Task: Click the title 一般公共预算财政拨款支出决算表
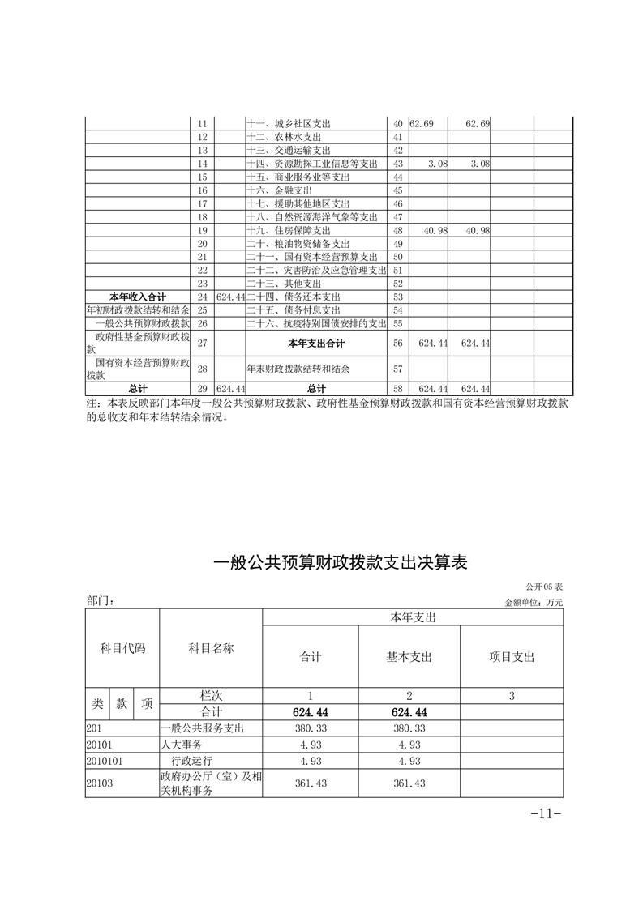[341, 563]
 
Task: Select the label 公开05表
[543, 586]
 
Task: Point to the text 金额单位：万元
[534, 603]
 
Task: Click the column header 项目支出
[512, 657]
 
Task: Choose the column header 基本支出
[409, 657]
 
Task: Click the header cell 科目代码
[122, 648]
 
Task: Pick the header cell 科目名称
[211, 648]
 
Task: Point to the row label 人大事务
[182, 745]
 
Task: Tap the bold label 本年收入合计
[138, 297]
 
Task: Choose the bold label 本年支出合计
[317, 344]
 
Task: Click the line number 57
[398, 369]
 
